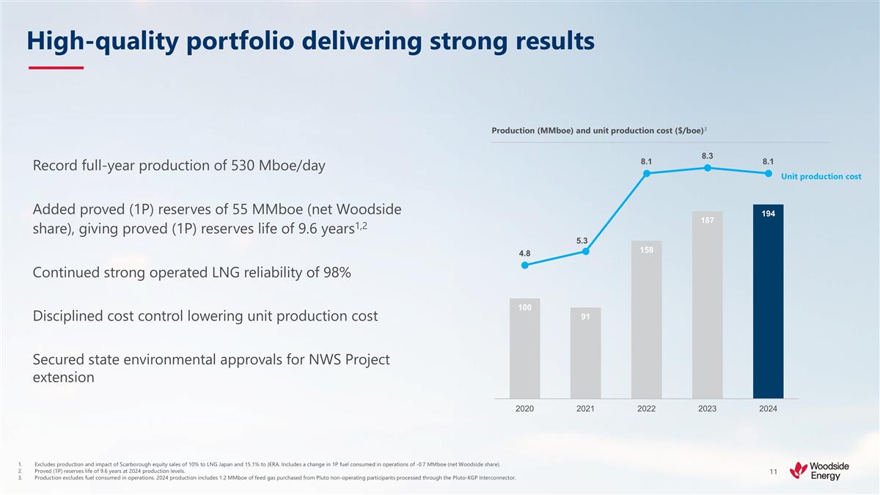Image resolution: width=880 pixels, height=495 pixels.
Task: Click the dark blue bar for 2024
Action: [x=768, y=301]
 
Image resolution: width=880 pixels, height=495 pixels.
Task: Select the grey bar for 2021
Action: [x=585, y=352]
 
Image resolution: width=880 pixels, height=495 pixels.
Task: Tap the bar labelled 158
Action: [x=646, y=319]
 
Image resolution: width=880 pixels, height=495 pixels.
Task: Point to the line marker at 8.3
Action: [x=707, y=168]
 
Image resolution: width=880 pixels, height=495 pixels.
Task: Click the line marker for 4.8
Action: [x=524, y=265]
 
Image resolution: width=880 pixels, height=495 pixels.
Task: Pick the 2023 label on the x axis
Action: [x=707, y=408]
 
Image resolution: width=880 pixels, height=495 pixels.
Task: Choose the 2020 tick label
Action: [x=524, y=408]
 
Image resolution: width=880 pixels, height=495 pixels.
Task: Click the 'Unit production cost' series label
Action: [x=821, y=177]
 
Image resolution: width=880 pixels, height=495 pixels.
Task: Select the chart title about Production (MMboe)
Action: [x=598, y=131]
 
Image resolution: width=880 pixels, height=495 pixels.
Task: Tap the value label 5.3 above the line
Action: [x=582, y=241]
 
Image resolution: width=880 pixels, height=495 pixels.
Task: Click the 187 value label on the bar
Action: [x=707, y=220]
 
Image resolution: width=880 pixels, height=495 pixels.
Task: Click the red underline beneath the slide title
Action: [x=56, y=67]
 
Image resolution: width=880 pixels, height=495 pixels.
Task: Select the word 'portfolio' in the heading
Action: [x=230, y=42]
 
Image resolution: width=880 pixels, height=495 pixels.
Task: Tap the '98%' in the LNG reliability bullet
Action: [x=334, y=273]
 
